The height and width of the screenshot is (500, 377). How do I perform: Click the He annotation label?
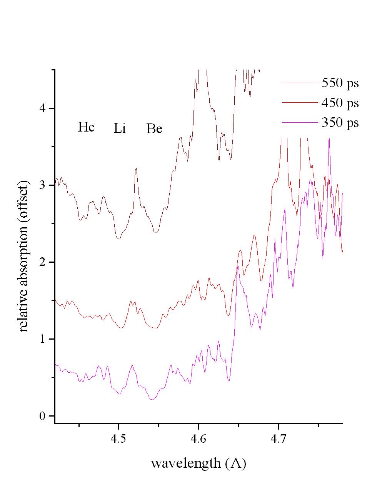(x=86, y=127)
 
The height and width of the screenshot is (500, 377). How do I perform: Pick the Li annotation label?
(x=120, y=128)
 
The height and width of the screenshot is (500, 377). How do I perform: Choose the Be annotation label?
(x=154, y=129)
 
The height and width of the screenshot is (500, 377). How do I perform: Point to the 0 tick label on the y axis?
(x=42, y=416)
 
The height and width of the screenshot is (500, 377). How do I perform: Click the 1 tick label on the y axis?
(x=42, y=339)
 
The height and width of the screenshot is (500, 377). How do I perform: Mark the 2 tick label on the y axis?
(x=42, y=262)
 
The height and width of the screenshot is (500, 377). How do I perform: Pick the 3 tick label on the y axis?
(x=42, y=185)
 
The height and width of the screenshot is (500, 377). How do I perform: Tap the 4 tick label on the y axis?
(x=42, y=108)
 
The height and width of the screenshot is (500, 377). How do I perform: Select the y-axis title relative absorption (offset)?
(x=24, y=256)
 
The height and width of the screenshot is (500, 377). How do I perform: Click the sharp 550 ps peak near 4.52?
(x=136, y=168)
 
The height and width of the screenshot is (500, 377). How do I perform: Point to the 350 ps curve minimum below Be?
(x=152, y=400)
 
